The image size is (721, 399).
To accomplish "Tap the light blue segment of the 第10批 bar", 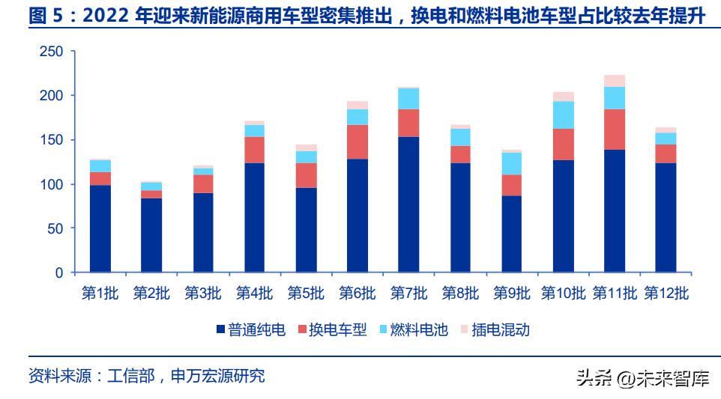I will (563, 115).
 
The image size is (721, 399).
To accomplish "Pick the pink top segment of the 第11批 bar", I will (615, 81).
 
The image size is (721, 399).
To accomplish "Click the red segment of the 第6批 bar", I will (357, 141).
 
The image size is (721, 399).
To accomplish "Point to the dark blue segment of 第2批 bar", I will (151, 234).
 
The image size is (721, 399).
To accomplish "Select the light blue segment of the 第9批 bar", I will (512, 163).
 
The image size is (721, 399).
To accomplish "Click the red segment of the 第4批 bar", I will (254, 150).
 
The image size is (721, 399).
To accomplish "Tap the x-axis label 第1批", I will (100, 293).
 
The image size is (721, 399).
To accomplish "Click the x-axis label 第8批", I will (460, 293).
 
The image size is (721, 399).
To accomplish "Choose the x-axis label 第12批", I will (666, 293).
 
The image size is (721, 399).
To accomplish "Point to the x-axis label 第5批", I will (306, 293).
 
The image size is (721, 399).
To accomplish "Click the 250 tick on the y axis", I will (51, 52).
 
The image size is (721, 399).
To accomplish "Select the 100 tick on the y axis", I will (51, 184).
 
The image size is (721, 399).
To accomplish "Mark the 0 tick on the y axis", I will (59, 273).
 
